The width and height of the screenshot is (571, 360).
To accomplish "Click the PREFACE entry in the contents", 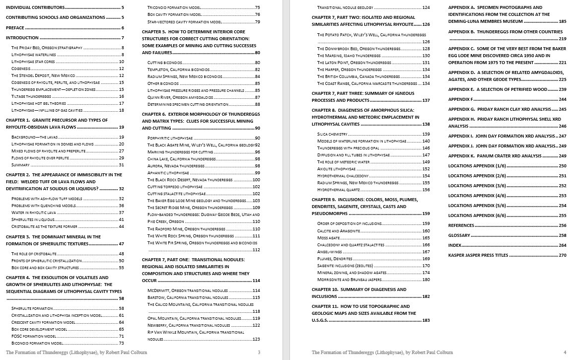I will pos(15,28).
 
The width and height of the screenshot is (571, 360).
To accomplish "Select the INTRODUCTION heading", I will pos(22,38).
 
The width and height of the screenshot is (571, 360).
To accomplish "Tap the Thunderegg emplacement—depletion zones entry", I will pos(47,89).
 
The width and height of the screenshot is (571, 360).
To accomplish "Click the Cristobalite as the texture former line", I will pos(44,226).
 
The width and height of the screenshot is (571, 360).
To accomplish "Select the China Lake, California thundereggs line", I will pos(181,159).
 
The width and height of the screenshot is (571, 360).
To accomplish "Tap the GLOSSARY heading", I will pos(459,235).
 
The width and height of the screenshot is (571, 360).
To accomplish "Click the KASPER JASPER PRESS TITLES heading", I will pos(478,255).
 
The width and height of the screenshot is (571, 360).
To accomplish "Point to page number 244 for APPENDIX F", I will pos(562,99).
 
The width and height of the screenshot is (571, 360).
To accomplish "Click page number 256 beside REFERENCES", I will pos(562,225).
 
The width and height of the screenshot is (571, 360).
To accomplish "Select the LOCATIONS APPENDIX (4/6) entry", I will pos(477,196).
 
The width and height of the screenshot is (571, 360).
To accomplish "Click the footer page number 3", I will pos(259,353).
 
